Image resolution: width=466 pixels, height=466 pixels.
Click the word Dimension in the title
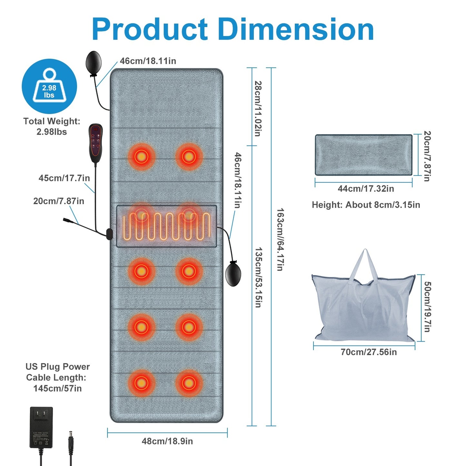pos(296,29)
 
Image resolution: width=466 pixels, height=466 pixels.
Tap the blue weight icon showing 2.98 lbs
pos(49,86)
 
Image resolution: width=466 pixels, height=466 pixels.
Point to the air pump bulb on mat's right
pos(233,273)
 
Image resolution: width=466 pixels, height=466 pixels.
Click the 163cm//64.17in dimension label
pos(280,239)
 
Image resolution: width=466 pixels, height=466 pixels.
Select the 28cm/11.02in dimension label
pos(258,108)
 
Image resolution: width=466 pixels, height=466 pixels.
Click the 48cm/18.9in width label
pos(167,441)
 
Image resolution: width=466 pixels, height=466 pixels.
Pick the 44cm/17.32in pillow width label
pos(366,189)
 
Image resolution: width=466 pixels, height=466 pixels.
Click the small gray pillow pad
pos(363,155)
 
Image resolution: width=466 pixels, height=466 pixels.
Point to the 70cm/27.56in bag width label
pos(369,352)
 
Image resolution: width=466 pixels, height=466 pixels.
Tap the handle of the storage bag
pos(365,263)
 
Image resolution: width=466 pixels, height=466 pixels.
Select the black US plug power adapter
pos(41,427)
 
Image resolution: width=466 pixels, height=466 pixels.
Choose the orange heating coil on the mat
pos(166,226)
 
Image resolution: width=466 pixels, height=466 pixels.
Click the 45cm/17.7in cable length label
pos(64,178)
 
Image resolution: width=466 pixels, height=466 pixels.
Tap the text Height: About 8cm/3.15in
pos(366,205)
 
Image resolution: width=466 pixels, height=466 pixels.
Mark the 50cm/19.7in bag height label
pos(427,307)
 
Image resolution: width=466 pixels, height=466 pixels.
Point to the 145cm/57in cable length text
pos(57,388)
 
